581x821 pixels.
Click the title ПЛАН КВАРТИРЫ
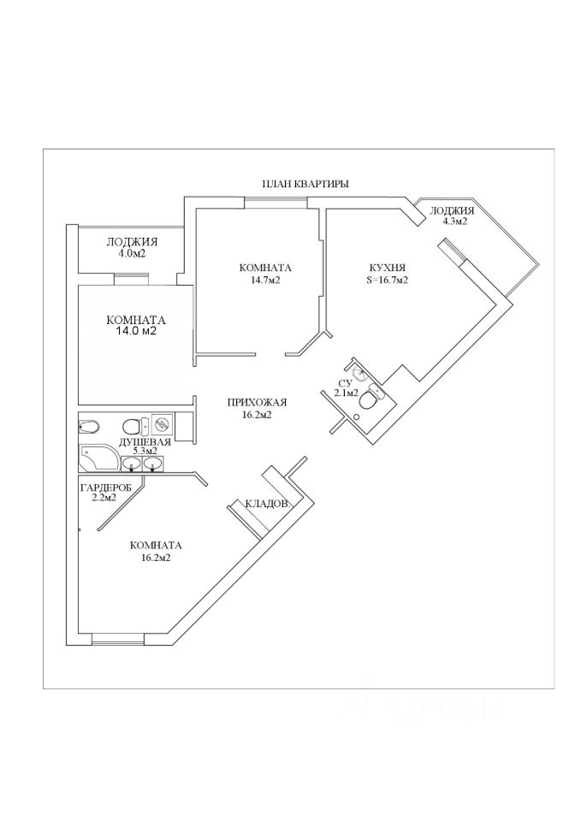click(x=305, y=184)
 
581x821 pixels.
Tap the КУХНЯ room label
click(x=387, y=267)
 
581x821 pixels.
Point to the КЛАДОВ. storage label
click(x=269, y=504)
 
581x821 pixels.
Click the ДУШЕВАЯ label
click(x=145, y=441)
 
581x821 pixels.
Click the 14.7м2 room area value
click(x=265, y=280)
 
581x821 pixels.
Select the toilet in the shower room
click(x=131, y=426)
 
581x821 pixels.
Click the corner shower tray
click(x=96, y=458)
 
